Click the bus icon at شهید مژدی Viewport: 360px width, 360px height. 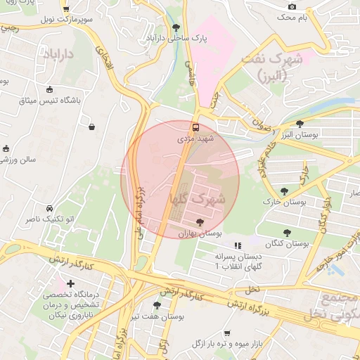tap(195, 127)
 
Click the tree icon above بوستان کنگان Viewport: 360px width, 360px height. tap(287, 232)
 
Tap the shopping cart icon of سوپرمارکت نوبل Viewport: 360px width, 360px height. tap(65, 10)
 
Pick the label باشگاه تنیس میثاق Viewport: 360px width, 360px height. tap(50, 101)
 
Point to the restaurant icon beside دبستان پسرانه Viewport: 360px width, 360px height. tap(238, 246)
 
